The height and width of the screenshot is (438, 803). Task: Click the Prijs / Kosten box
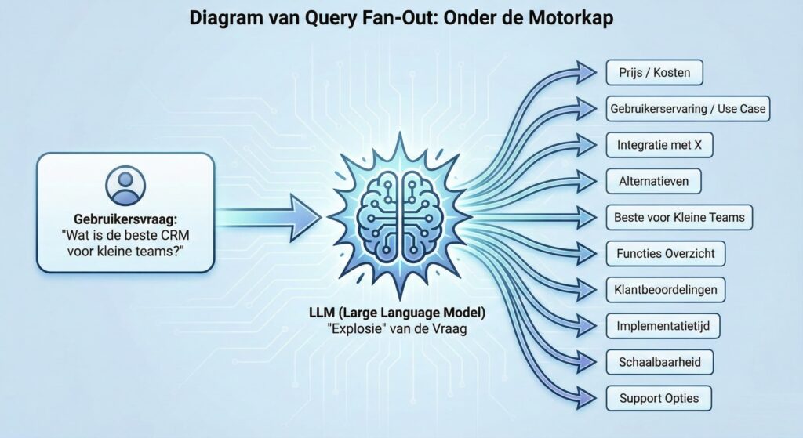tap(654, 73)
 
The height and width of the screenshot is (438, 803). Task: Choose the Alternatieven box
tap(653, 181)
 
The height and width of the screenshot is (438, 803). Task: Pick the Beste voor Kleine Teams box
tap(679, 217)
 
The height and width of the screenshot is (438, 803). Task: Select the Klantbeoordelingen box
tap(666, 289)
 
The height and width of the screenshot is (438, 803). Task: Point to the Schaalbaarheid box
tap(659, 362)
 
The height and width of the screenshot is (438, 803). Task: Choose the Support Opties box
tap(659, 398)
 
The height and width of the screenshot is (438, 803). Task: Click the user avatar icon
tap(125, 185)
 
